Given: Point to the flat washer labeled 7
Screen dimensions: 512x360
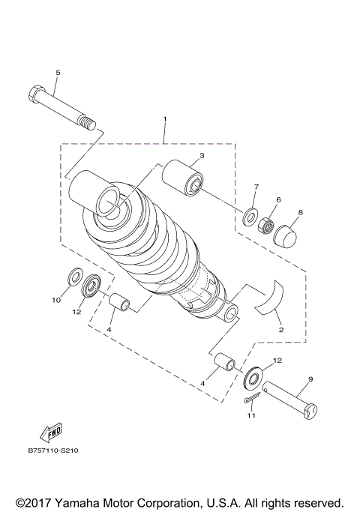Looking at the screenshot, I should coord(249,217).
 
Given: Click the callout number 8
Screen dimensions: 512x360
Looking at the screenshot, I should coord(300,213).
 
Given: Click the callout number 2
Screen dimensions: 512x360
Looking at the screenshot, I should coord(279,328).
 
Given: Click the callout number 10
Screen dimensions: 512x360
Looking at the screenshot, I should coord(55,300).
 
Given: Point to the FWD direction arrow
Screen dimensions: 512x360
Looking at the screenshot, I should coord(51,434).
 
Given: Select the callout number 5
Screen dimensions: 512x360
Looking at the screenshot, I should coord(57,72).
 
